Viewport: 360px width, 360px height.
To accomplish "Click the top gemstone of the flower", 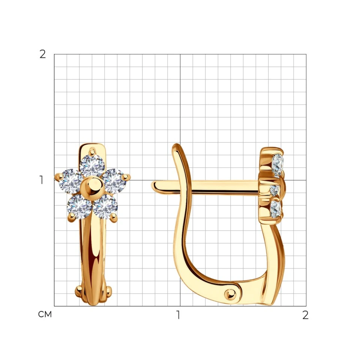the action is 92,165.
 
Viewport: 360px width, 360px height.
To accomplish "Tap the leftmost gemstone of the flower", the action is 71,181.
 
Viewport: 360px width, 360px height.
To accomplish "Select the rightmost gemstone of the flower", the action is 114,181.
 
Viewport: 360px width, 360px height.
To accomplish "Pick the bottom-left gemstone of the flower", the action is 79,206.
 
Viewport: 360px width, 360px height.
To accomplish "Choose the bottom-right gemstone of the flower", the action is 105,206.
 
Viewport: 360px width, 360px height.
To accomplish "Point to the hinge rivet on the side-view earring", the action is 230,294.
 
